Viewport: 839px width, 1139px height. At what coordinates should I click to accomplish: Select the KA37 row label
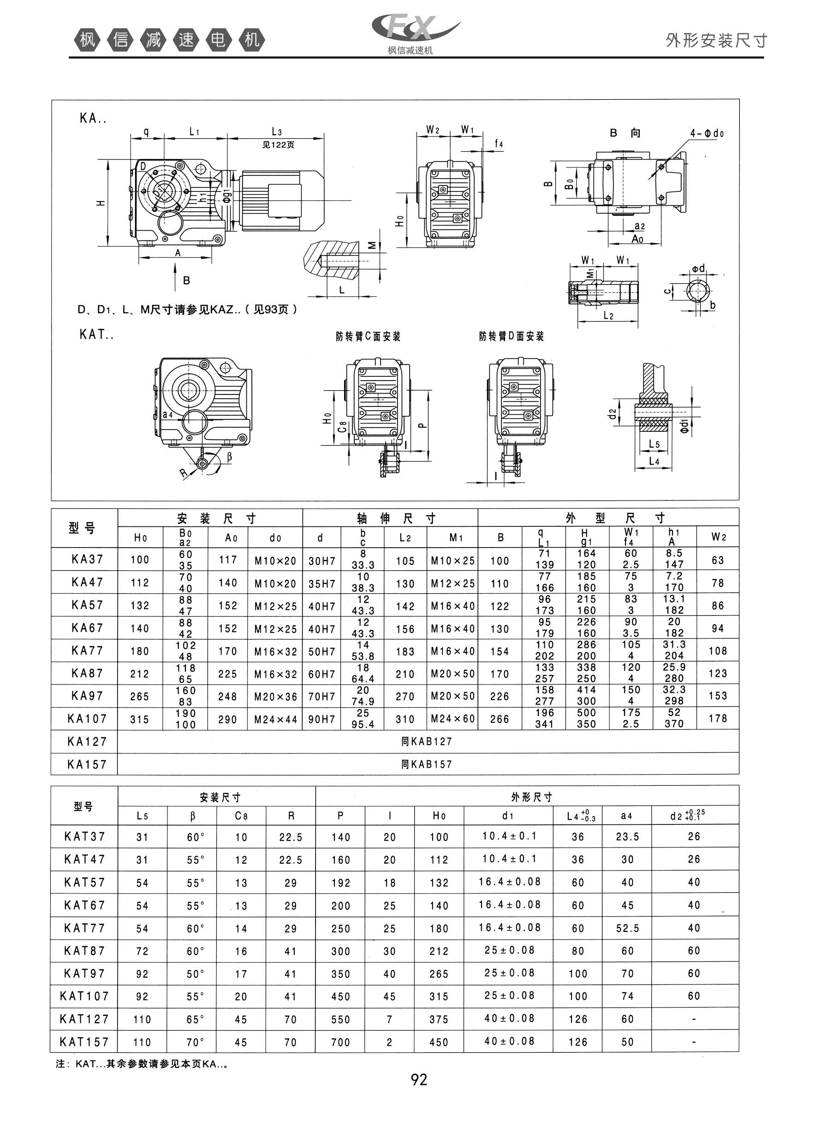[x=87, y=559]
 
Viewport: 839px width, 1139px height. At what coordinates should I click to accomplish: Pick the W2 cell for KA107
[x=718, y=719]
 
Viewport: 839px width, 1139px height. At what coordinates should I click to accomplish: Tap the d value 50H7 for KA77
[x=322, y=651]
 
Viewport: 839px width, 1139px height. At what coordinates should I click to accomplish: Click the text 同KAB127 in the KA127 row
[x=427, y=741]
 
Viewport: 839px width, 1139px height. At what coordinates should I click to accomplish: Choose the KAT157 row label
[x=84, y=1042]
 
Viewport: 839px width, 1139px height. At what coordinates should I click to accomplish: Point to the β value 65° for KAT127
[x=195, y=1019]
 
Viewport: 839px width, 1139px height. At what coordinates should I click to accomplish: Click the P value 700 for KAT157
[x=340, y=1042]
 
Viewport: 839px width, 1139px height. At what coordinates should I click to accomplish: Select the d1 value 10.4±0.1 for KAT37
[x=509, y=836]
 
